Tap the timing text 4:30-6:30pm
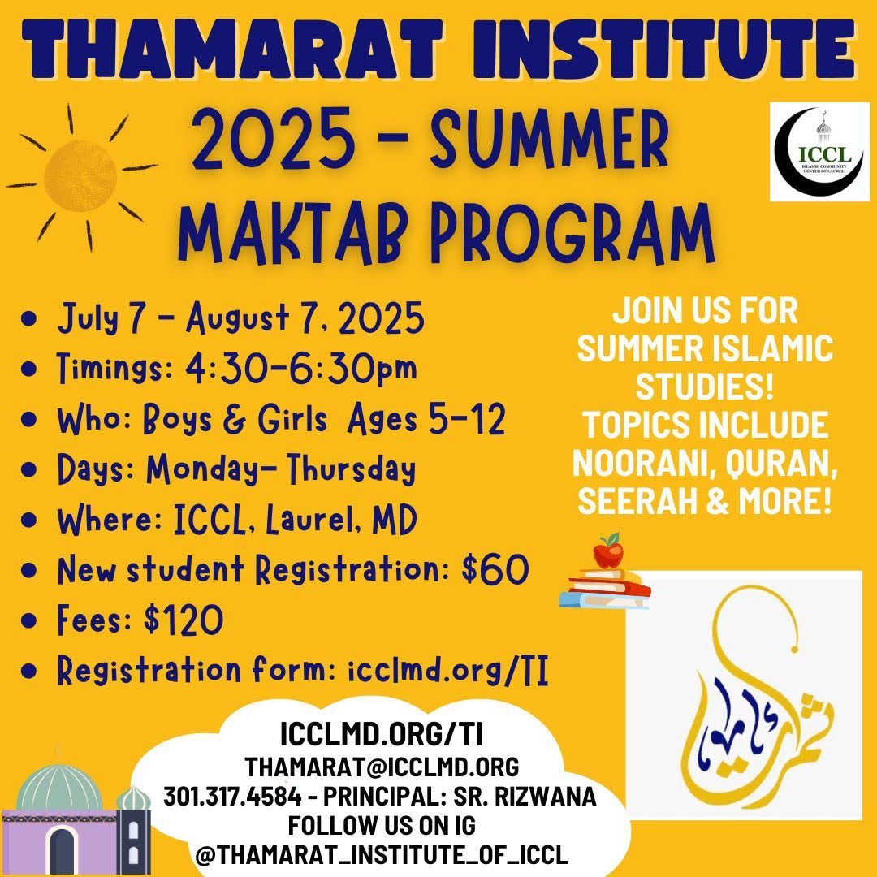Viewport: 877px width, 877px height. [301, 368]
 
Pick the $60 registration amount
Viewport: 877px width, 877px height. [495, 569]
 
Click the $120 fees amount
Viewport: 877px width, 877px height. [184, 620]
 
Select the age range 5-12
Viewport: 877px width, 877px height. [466, 418]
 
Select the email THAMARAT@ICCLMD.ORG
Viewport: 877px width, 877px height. [382, 767]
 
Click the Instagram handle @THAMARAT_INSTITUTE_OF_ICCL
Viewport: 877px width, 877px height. [382, 854]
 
